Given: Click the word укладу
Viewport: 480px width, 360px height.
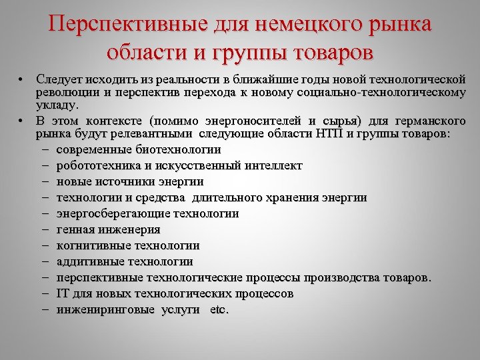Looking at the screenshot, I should click(57, 105).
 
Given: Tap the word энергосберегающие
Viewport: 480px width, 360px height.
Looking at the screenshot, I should click(113, 213).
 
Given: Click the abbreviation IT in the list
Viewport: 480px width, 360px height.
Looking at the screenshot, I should click(63, 293).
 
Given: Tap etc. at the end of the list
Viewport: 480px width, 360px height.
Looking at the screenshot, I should click(219, 309).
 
